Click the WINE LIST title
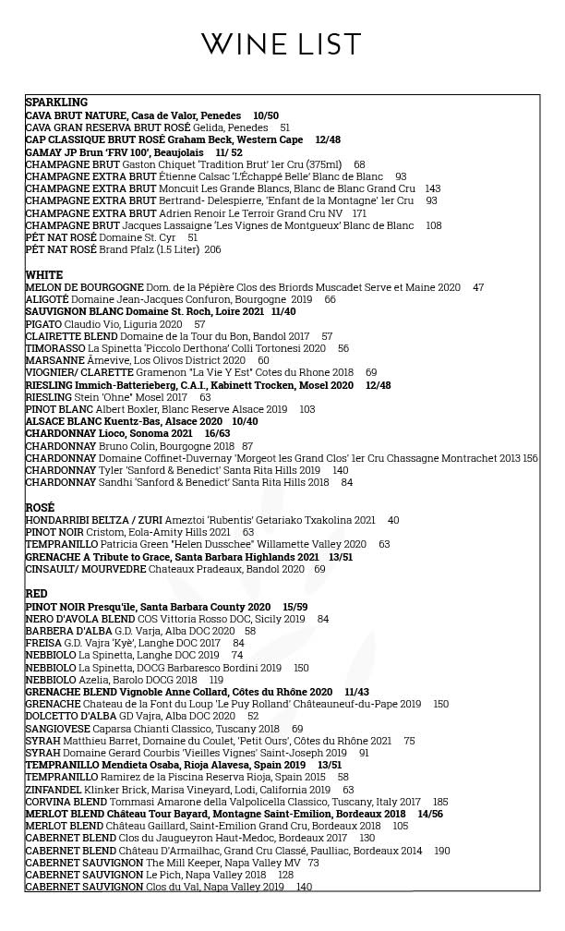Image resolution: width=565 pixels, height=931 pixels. (282, 44)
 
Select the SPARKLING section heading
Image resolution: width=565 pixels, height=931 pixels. (56, 103)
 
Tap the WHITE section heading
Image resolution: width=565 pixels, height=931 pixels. (44, 275)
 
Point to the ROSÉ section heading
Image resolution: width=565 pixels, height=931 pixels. (40, 508)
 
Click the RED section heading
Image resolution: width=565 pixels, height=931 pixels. (36, 594)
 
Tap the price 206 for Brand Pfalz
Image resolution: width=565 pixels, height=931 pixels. (212, 250)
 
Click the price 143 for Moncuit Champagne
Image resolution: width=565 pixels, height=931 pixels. (432, 188)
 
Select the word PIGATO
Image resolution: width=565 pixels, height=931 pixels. (43, 324)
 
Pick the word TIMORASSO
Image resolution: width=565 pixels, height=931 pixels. (55, 349)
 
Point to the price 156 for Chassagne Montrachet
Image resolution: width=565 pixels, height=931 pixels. (530, 458)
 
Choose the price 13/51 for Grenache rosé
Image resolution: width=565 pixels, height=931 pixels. (341, 557)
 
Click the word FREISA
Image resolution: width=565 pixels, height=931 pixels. (42, 643)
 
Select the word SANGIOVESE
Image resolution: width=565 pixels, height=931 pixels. (57, 729)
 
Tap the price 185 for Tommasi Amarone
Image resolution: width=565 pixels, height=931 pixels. (440, 802)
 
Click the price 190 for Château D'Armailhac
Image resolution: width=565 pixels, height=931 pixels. (442, 851)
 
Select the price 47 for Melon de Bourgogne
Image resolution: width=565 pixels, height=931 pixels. (478, 287)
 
